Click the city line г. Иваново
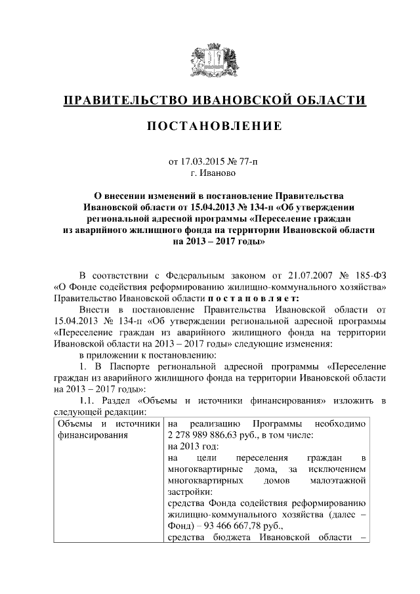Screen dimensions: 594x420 (x=210, y=173)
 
